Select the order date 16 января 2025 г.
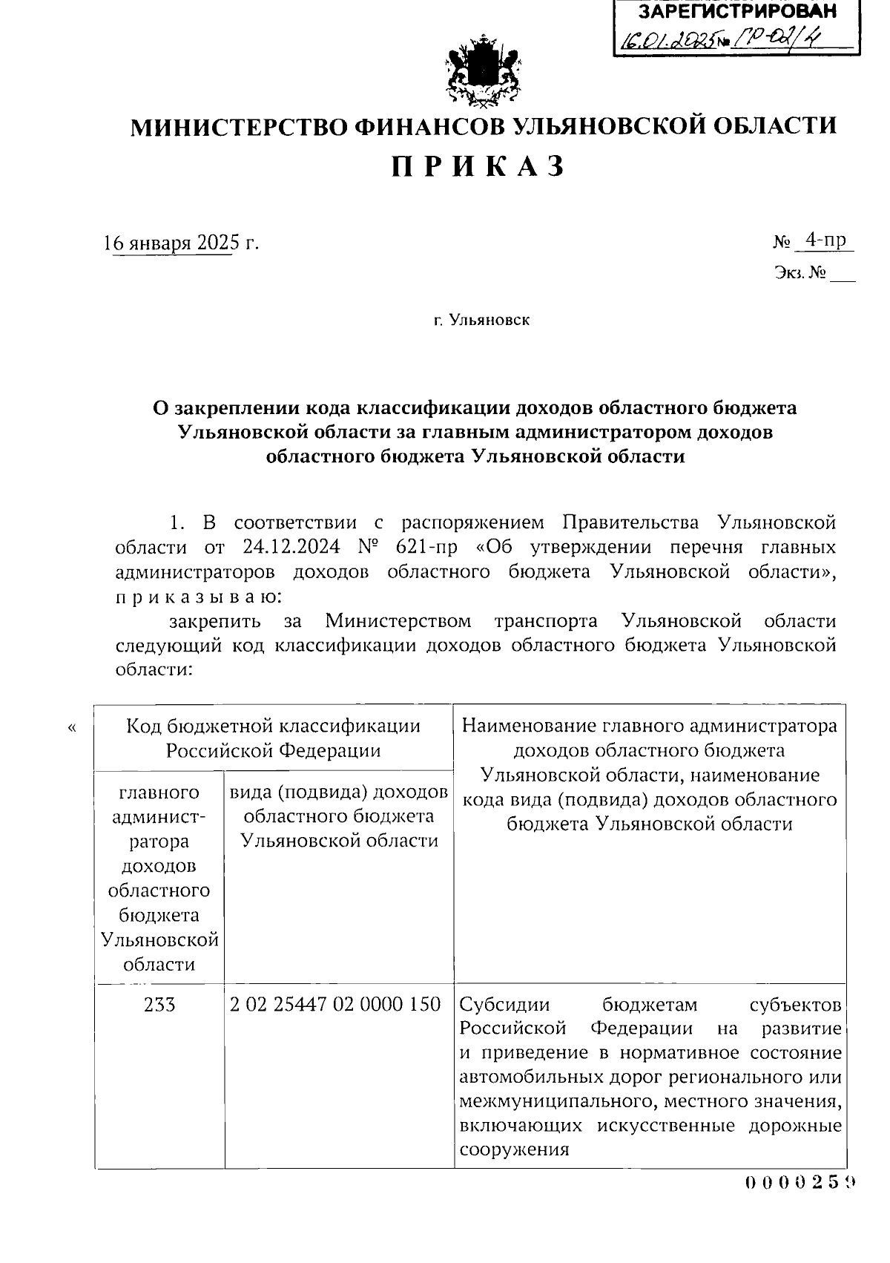[x=182, y=243]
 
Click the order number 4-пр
[x=825, y=240]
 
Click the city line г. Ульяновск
[x=482, y=321]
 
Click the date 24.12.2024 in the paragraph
[x=291, y=548]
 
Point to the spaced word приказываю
[x=197, y=597]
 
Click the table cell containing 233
[x=159, y=1005]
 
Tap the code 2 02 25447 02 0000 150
[x=335, y=1005]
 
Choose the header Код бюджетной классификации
[x=273, y=725]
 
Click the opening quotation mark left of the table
[x=72, y=728]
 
